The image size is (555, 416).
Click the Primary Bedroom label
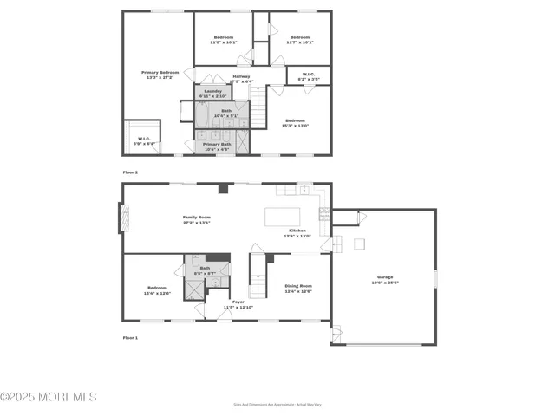[160, 73]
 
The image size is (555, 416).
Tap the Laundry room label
[213, 91]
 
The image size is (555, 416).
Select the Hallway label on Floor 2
[241, 78]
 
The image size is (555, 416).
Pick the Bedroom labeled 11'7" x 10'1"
[300, 38]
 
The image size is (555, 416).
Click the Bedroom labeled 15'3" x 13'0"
[296, 122]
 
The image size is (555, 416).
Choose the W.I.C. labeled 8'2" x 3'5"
[309, 75]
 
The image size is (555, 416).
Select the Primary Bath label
[217, 146]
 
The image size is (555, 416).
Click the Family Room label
[197, 219]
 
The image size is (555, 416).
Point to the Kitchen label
[297, 232]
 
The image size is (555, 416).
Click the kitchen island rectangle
[283, 216]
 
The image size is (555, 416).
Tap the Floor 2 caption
[130, 172]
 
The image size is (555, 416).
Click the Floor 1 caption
[130, 337]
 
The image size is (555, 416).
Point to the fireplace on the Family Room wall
[121, 218]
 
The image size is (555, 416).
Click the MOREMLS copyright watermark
[49, 397]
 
